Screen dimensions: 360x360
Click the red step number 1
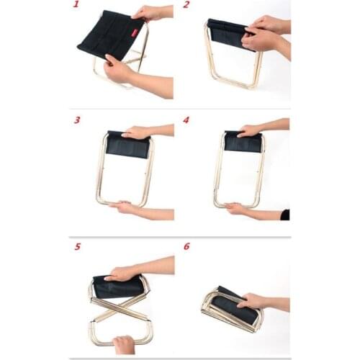point(76,6)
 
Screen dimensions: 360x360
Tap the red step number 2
point(186,6)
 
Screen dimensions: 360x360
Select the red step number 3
point(76,120)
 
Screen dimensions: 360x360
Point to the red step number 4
point(186,120)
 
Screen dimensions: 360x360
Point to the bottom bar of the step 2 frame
point(235,86)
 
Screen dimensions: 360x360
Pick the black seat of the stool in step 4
point(242,143)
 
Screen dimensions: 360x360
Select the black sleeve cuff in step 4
point(285,215)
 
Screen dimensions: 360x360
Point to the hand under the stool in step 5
point(124,344)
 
